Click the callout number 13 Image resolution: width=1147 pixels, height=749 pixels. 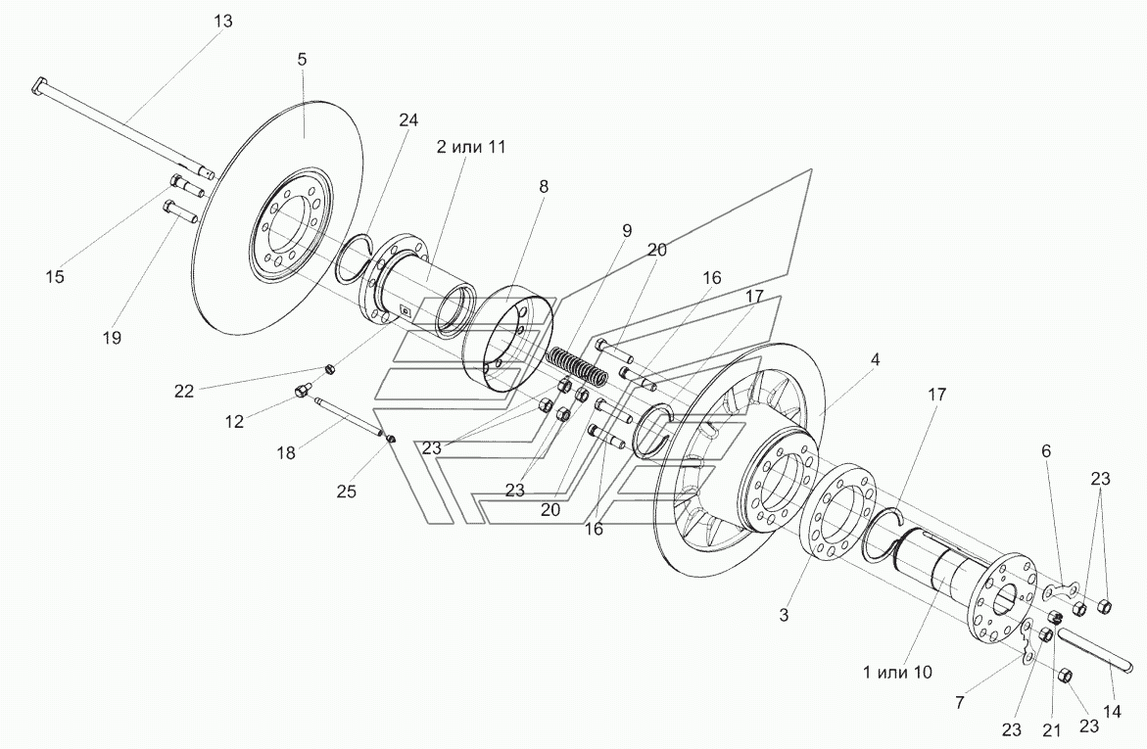click(x=223, y=22)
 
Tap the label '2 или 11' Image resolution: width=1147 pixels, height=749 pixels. click(x=471, y=146)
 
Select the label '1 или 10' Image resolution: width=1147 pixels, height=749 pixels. click(x=897, y=672)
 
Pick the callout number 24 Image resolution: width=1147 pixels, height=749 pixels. click(x=408, y=119)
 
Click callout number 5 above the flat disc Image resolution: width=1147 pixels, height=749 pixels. click(x=302, y=60)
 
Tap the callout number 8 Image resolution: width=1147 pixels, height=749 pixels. click(x=543, y=187)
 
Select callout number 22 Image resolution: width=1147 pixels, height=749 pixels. click(x=183, y=392)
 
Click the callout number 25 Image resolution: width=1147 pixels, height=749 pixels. click(x=346, y=492)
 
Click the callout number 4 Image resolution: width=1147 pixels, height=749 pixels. click(x=876, y=359)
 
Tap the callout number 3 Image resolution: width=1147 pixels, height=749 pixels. click(x=784, y=615)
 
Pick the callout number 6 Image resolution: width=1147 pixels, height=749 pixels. click(x=1046, y=451)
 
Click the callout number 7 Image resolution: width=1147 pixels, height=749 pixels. click(x=959, y=703)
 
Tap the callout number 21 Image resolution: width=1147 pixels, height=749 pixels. click(x=1050, y=729)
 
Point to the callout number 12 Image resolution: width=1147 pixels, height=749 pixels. click(x=234, y=422)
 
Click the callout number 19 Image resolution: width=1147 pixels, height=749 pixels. click(x=112, y=338)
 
